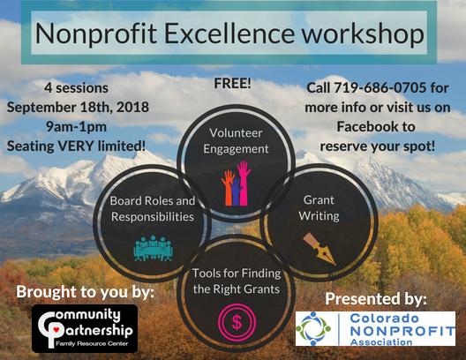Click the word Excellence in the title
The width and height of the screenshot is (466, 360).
point(229,33)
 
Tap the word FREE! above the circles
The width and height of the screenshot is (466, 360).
point(232,83)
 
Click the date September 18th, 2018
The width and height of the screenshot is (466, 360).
point(78,108)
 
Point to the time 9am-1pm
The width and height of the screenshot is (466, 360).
point(76,127)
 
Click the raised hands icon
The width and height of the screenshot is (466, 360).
point(237,184)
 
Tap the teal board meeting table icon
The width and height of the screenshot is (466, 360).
point(153,248)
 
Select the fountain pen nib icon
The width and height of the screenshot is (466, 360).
point(319,249)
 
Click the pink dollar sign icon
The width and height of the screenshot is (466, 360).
point(237,322)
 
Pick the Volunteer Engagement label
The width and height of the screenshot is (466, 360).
point(236,141)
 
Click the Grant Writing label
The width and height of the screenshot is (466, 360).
point(319,208)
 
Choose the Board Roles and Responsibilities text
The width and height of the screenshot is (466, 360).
point(153,208)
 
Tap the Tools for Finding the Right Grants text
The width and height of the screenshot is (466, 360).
point(237,281)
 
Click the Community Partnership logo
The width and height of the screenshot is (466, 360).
point(85,328)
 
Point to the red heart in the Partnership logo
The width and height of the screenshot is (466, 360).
point(55,328)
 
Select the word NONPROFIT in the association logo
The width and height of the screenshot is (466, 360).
point(402,331)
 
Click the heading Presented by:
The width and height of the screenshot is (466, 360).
point(376,299)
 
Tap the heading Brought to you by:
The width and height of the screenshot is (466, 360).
point(86,292)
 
